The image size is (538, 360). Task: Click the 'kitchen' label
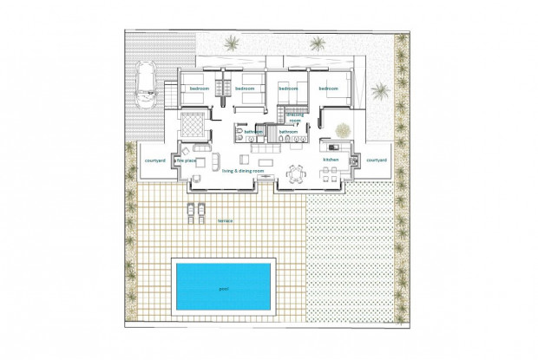[x=330, y=160]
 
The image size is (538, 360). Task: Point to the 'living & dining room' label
[x=246, y=172]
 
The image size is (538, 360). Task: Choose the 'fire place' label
[x=185, y=160]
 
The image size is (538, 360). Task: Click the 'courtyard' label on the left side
[x=155, y=160]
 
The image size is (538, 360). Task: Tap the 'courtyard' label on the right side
[x=376, y=160]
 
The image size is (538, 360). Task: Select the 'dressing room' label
[x=295, y=117]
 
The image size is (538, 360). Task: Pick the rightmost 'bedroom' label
[x=327, y=88]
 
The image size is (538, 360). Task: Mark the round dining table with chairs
[x=297, y=173]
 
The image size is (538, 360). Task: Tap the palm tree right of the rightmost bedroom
[x=379, y=90]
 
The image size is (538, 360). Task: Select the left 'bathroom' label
[x=253, y=132]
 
